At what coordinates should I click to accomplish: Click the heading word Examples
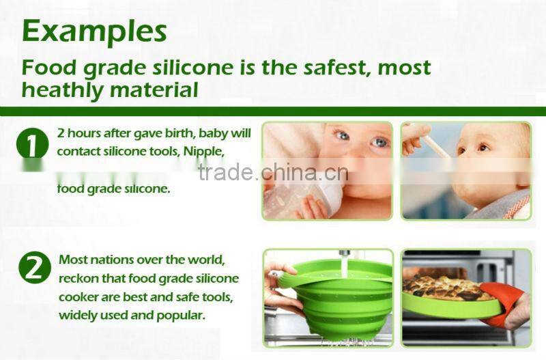point(94,31)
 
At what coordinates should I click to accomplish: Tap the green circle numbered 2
point(34,268)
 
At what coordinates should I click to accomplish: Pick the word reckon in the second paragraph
point(78,279)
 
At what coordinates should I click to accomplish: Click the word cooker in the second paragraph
point(80,297)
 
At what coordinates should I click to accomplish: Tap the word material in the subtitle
point(156,89)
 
